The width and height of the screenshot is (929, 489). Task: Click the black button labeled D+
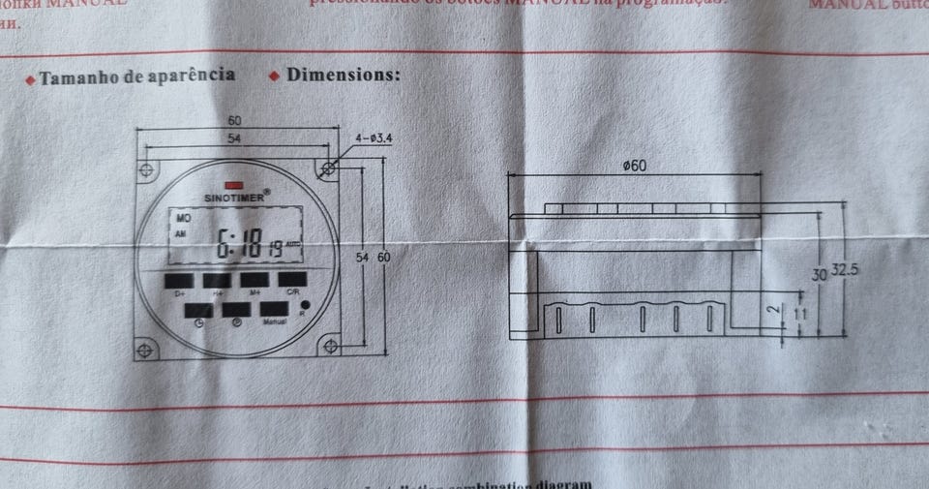tap(178, 280)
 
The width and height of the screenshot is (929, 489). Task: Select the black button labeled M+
tap(254, 280)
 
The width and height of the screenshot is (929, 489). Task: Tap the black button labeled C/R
tap(292, 280)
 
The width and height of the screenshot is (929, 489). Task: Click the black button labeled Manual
tap(273, 310)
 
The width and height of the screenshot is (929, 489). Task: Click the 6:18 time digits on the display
tap(239, 244)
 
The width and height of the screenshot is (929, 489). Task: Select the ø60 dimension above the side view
tap(635, 166)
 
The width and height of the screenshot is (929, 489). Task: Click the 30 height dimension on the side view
tap(819, 275)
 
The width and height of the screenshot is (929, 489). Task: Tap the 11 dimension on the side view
tap(800, 315)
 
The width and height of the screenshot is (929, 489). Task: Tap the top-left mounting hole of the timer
tap(147, 170)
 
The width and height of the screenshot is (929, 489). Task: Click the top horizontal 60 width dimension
tap(235, 121)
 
